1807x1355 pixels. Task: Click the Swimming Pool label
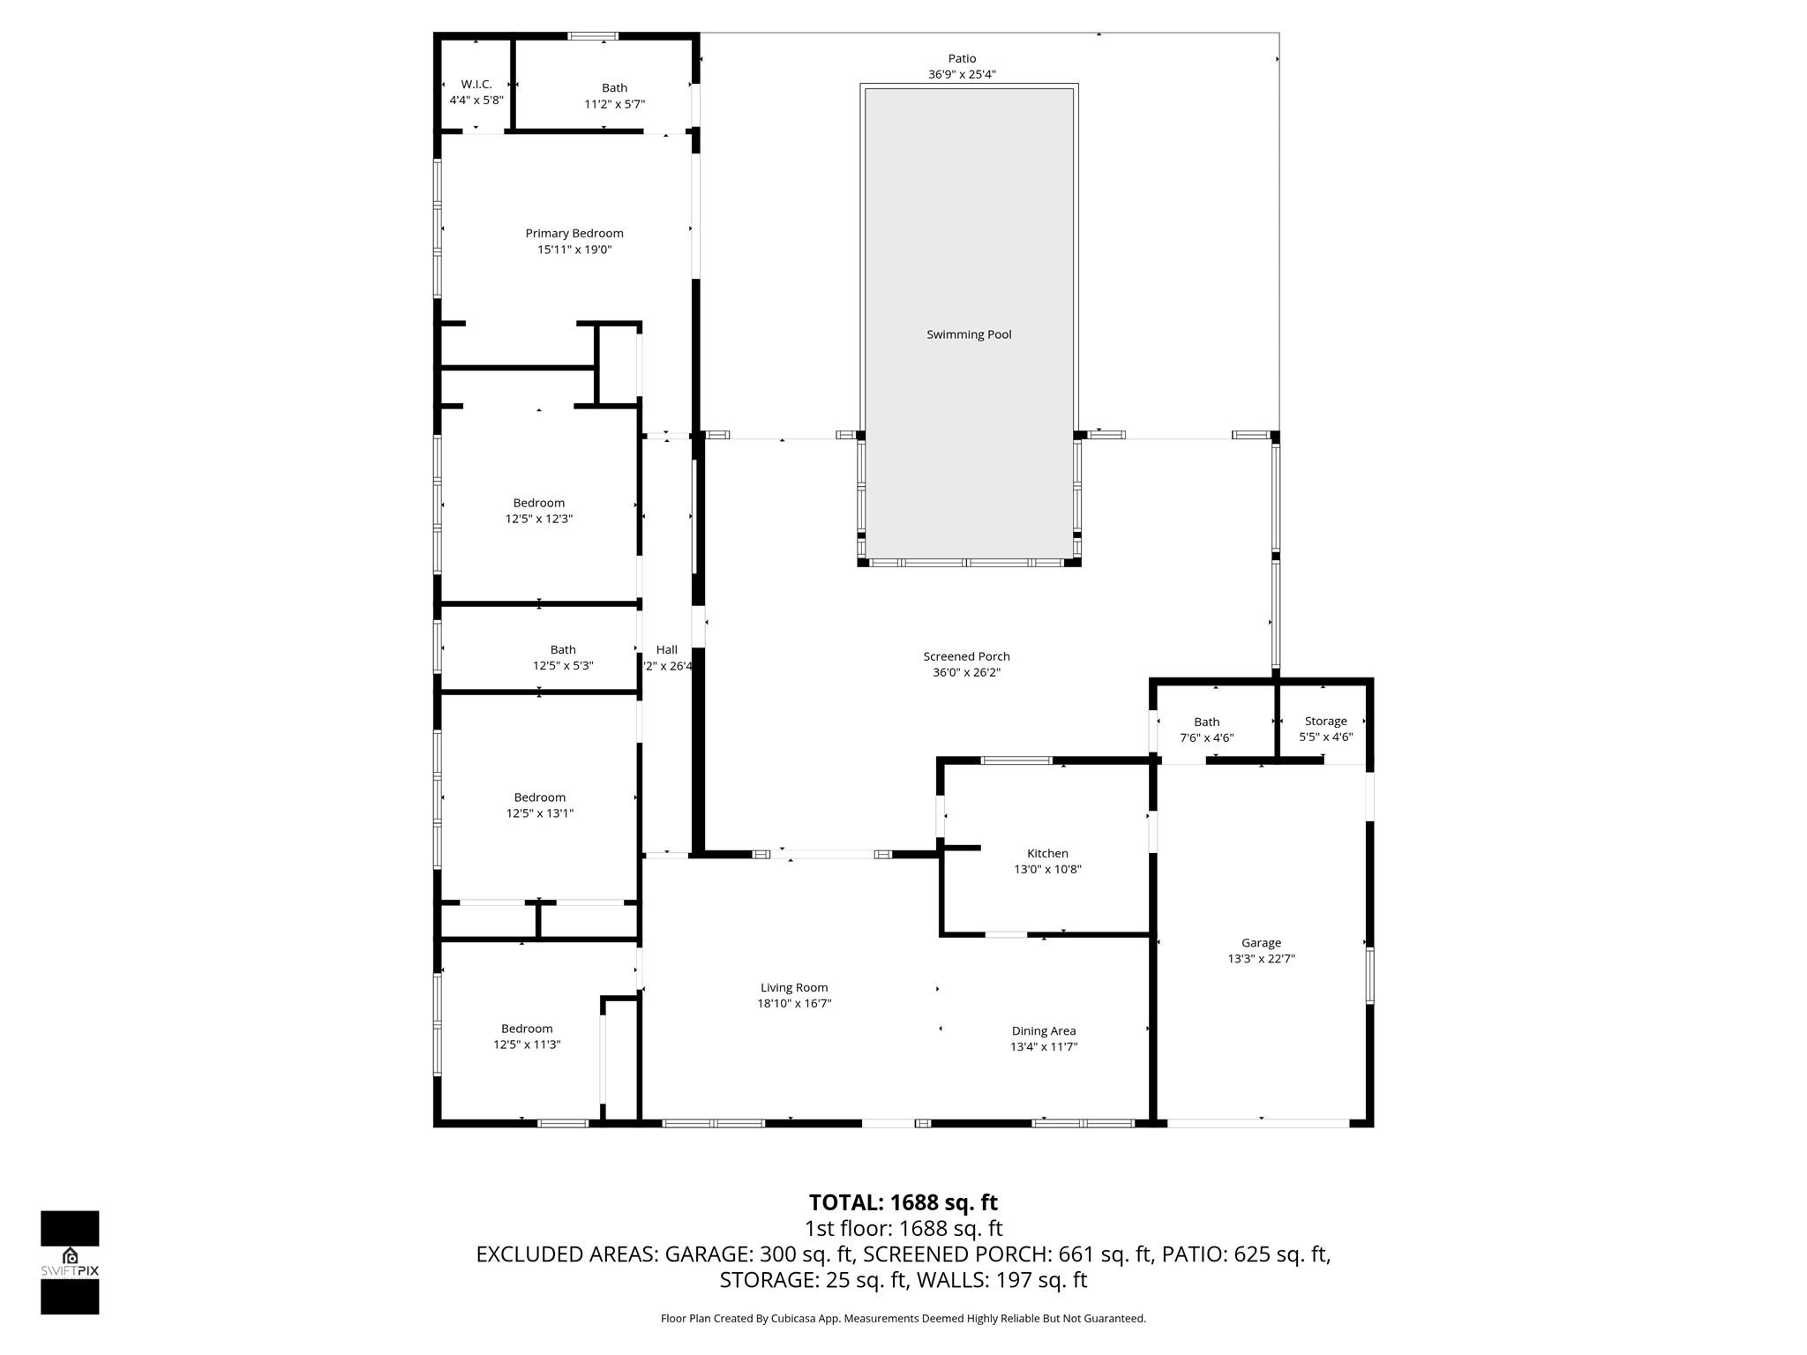coord(968,334)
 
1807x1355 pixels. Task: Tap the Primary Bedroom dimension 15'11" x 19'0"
coord(574,250)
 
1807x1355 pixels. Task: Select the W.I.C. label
coord(476,84)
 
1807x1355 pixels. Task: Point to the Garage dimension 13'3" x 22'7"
coord(1261,959)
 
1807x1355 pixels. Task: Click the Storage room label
coord(1325,721)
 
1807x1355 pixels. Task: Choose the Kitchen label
coord(1047,853)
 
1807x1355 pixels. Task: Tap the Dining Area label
coord(1043,1030)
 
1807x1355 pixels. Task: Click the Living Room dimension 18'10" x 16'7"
coord(794,1003)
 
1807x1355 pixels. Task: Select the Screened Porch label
coord(966,656)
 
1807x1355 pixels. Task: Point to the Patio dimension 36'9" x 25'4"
coord(962,75)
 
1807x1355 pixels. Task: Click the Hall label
coord(666,650)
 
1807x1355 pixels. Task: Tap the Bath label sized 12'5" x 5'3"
coord(563,650)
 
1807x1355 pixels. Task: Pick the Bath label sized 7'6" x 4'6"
coord(1206,722)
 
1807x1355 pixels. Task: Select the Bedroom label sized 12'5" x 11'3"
coord(527,1029)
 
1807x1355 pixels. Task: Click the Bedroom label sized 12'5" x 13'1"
coord(539,797)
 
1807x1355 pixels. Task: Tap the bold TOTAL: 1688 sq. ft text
coord(903,1202)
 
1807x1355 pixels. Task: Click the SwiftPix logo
coord(70,1261)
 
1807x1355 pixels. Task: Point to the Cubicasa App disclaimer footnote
coord(903,1319)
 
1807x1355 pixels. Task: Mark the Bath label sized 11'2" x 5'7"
coord(614,87)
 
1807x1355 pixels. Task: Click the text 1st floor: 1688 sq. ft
coord(903,1228)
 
